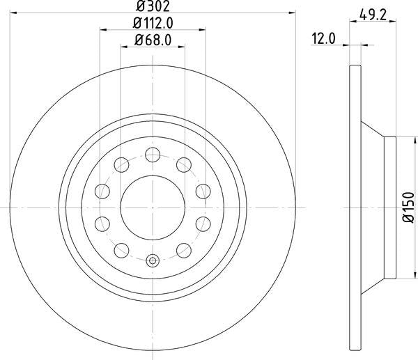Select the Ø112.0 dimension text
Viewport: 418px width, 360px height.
click(x=153, y=23)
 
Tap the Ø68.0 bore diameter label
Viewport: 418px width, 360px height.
click(x=153, y=40)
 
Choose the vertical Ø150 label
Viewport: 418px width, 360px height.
click(x=409, y=207)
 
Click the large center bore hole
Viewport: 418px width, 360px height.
click(x=153, y=207)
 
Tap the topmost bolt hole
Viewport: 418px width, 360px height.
click(x=153, y=155)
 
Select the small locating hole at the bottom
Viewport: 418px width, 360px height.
click(x=153, y=262)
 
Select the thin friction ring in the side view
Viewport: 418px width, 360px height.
click(x=355, y=207)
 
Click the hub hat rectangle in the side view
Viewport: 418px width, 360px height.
click(x=390, y=207)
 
